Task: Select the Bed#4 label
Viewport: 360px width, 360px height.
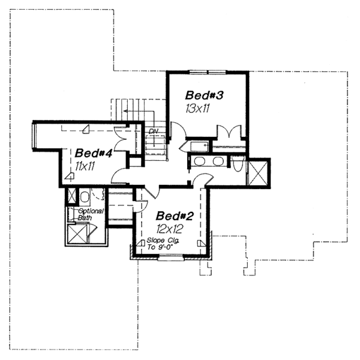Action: pyautogui.click(x=94, y=153)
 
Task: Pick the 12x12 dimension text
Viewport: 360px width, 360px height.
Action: pyautogui.click(x=169, y=229)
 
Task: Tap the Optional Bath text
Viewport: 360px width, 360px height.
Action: pyautogui.click(x=91, y=214)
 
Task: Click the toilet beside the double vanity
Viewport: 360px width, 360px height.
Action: pyautogui.click(x=237, y=163)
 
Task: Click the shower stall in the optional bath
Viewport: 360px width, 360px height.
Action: pyautogui.click(x=78, y=233)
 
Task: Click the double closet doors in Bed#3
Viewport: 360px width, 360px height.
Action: pyautogui.click(x=229, y=133)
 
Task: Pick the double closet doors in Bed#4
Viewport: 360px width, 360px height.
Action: pyautogui.click(x=122, y=138)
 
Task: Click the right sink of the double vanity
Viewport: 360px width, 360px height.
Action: pyautogui.click(x=217, y=162)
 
